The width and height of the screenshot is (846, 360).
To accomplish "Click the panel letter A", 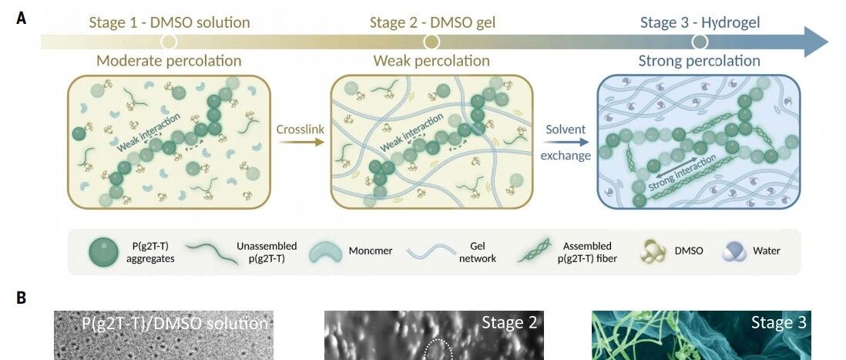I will click(22, 19).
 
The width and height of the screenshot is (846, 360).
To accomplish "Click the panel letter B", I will click(22, 297).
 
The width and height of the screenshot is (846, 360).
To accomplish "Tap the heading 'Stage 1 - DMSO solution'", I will click(169, 22).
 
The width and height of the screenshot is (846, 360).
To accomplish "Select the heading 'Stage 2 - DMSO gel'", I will click(431, 22).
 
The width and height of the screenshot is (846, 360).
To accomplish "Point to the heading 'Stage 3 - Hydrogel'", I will click(700, 22).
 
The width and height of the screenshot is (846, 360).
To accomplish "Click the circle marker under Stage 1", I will click(170, 41).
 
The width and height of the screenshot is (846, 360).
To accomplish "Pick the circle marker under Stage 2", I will click(431, 41).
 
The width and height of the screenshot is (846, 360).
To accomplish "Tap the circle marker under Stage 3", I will click(700, 41).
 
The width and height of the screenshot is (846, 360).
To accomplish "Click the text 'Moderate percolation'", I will click(169, 60).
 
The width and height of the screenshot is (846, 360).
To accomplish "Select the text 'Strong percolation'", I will click(699, 60).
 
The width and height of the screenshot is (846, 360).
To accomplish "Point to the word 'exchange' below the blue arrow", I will click(566, 155).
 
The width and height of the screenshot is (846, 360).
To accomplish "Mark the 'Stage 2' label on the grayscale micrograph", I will click(509, 323).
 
